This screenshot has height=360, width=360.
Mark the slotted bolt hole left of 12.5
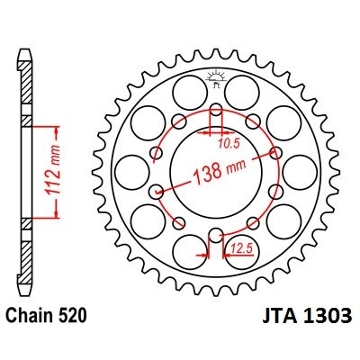[215, 236]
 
